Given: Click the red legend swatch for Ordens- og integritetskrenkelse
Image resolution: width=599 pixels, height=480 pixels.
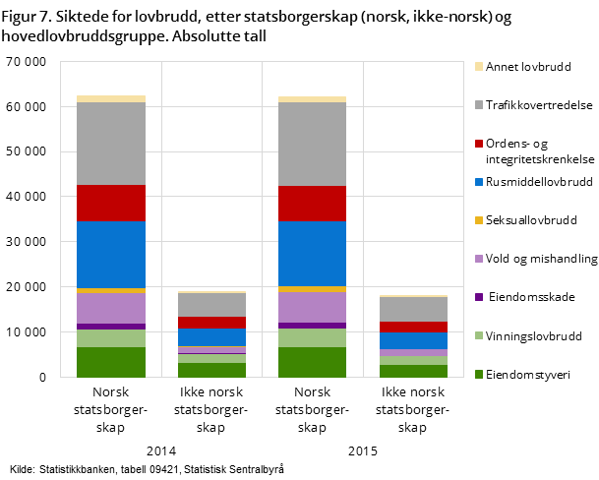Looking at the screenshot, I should point(479,144).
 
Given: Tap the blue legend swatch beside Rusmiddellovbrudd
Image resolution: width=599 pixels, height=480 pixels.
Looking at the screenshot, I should point(479,182).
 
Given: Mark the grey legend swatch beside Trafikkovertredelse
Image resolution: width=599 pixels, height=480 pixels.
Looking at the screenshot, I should point(479,105).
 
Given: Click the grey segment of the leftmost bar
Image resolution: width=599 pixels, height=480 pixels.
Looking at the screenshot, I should point(111,144).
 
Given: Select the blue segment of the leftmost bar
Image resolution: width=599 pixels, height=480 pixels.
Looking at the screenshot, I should point(111,255).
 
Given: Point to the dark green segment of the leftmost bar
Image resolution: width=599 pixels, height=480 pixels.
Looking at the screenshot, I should point(111,362).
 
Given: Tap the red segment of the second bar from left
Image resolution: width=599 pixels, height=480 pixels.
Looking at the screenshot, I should point(211,323).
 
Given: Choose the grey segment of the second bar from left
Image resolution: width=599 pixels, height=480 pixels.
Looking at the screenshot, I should point(211,305).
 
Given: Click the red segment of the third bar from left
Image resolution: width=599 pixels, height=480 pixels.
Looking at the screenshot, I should point(312,204).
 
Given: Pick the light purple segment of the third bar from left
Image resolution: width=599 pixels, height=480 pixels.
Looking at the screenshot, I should point(312,307).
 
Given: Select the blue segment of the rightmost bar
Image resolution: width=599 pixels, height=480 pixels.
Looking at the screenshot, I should point(413,340).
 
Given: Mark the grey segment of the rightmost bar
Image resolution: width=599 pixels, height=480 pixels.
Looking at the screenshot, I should point(413,309).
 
